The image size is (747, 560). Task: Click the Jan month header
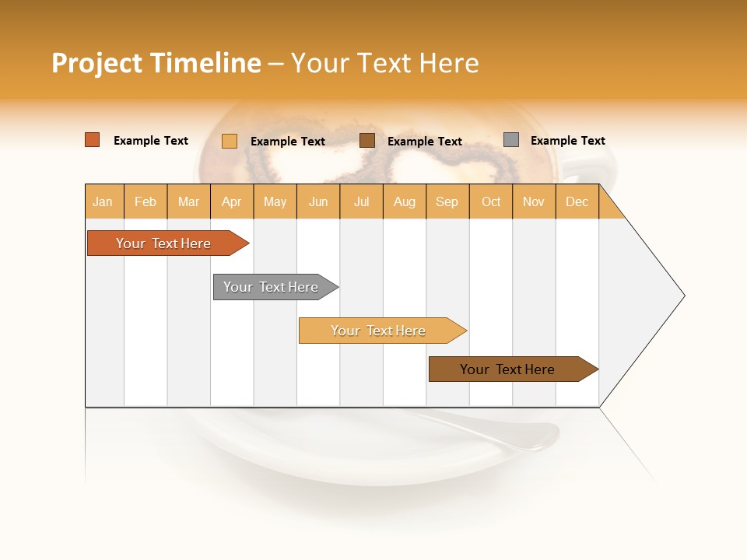103,201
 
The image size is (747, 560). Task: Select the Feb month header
146,201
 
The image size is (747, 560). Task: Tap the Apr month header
231,201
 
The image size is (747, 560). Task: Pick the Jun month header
318,201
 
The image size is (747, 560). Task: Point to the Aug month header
404,201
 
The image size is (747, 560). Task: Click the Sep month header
447,201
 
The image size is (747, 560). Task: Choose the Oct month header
491,201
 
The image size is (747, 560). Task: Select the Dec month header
577,201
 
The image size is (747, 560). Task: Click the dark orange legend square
93,140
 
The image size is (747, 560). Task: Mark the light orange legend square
230,141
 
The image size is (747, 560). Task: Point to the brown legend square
367,141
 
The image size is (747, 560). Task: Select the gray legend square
511,140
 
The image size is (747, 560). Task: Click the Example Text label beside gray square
567,141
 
